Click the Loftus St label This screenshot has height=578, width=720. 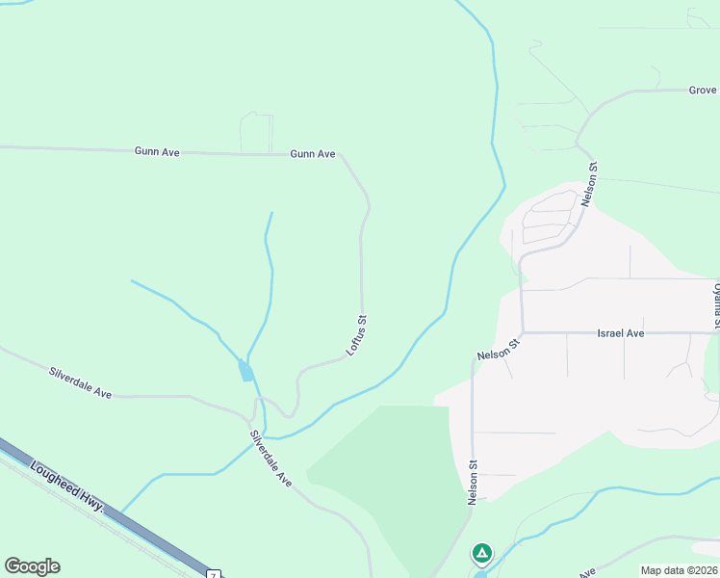tap(356, 335)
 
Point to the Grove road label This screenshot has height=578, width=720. tap(703, 91)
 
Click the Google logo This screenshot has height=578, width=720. tap(32, 566)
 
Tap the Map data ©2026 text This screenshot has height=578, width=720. tap(680, 570)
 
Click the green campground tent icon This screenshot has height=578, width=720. tap(481, 554)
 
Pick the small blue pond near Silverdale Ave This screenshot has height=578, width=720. tap(246, 371)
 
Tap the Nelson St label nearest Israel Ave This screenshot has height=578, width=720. tap(499, 349)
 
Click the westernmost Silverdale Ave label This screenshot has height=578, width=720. tap(81, 382)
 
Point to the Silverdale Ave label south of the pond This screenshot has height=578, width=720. tap(270, 457)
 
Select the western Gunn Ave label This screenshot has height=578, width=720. tap(157, 151)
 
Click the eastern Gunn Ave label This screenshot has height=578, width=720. tap(312, 154)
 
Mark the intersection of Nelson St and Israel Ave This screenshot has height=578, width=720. tap(522, 332)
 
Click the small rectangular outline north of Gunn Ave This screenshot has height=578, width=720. tap(257, 132)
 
